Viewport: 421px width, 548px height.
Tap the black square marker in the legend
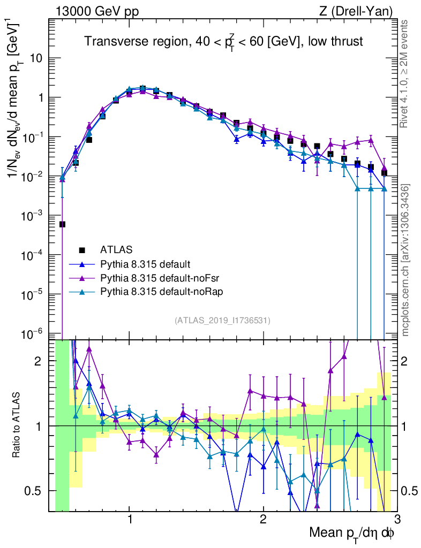pyautogui.click(x=82, y=249)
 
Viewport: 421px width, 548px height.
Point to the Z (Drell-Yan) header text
pyautogui.click(x=354, y=11)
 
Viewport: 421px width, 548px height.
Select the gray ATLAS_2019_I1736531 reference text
pyautogui.click(x=222, y=321)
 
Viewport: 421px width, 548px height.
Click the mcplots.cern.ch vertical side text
pyautogui.click(x=405, y=260)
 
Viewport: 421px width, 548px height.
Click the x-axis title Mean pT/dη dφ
pyautogui.click(x=352, y=533)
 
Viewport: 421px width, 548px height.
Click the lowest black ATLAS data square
pyautogui.click(x=62, y=224)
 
